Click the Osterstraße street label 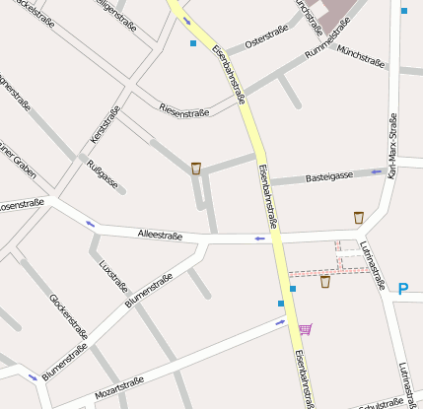[266, 37]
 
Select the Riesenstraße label [184, 107]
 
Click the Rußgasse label [103, 174]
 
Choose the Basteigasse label [329, 176]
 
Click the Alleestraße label [161, 233]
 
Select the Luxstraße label [113, 278]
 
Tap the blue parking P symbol [402, 289]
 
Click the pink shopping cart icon [306, 328]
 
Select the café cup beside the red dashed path [325, 282]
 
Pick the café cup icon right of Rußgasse [196, 169]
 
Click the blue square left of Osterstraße [192, 43]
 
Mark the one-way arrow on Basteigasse [376, 171]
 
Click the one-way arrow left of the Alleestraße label [91, 224]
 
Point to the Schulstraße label [383, 404]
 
